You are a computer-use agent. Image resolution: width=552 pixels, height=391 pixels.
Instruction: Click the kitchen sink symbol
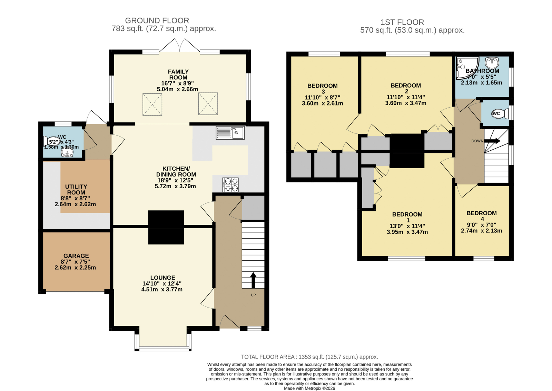pos(230,133)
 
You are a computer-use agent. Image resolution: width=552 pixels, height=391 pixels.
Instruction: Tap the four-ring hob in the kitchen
pos(230,185)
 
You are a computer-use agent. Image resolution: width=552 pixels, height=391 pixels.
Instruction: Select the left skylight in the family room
pos(152,104)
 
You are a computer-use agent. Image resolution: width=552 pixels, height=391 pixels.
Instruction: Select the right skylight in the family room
pos(208,104)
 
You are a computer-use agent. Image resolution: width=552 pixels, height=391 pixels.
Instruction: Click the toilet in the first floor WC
pos(500,113)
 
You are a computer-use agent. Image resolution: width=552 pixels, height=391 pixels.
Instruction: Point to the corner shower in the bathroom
pos(466,68)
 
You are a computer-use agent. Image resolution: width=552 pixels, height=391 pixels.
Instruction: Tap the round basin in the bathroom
pos(492,62)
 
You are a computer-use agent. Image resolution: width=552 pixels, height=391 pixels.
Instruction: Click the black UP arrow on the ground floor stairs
pos(253,280)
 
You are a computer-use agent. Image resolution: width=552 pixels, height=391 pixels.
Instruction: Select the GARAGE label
pos(76,256)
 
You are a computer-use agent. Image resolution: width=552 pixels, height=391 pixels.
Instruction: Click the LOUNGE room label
pos(162,278)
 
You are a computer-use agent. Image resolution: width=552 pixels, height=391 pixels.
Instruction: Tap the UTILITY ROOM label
pos(76,190)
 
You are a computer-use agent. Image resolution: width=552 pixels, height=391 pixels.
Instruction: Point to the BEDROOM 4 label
pos(482,216)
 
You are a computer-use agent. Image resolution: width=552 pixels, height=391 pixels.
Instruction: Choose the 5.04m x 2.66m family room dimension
pos(177,89)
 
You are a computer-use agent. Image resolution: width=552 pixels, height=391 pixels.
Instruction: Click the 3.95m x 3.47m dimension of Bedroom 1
pos(407,232)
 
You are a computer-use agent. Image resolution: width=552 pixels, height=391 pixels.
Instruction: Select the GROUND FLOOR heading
pos(157,20)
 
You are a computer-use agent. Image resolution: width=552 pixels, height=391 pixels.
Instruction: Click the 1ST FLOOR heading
pos(402,22)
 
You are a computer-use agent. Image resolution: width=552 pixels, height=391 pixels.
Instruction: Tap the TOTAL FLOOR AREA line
pos(309,357)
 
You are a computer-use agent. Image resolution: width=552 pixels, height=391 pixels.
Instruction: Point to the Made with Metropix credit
pos(309,388)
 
